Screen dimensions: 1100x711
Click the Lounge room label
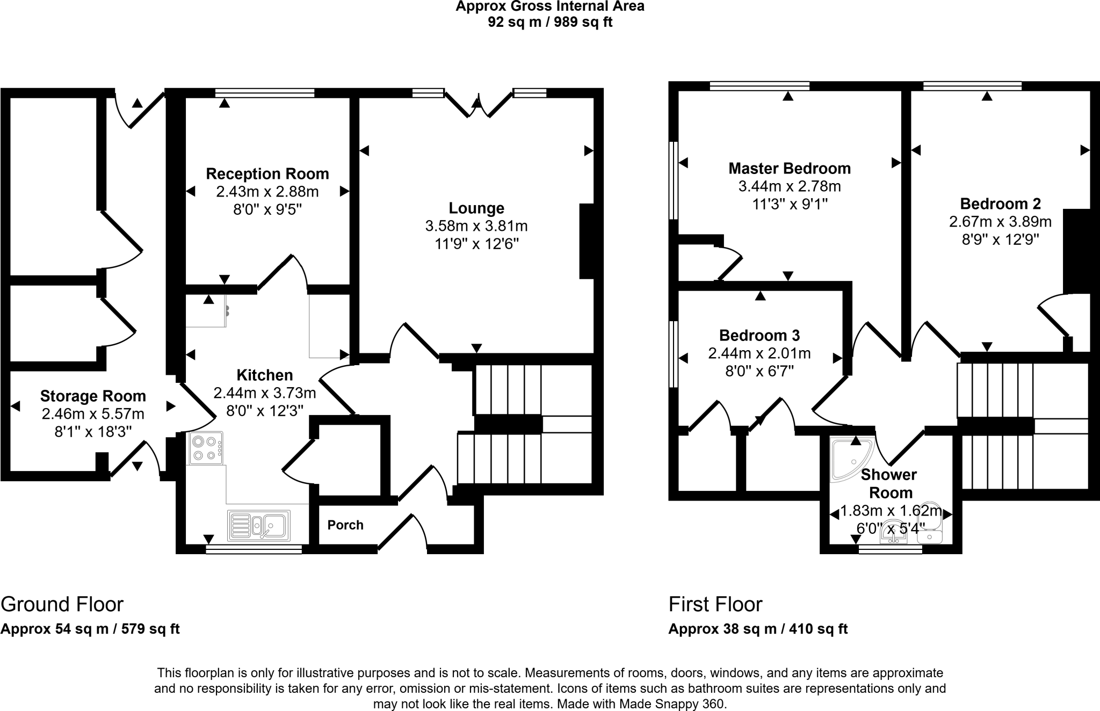pos(476,208)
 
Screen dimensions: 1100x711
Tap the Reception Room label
pos(267,174)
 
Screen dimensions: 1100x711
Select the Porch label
pos(345,525)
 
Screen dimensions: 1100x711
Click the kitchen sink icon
pos(259,525)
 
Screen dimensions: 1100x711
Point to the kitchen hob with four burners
pos(205,448)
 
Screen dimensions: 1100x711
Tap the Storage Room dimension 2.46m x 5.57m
pos(93,414)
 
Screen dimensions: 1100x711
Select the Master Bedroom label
pos(790,169)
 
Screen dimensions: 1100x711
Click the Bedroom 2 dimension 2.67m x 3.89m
pos(1000,221)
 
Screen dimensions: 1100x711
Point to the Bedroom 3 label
pos(759,336)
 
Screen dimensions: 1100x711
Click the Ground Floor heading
pos(62,604)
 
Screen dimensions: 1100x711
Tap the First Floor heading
pos(715,604)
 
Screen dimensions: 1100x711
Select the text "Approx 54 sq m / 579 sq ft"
pos(90,629)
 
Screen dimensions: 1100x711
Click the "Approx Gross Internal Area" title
pos(550,6)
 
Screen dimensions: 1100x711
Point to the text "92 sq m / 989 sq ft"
pos(550,22)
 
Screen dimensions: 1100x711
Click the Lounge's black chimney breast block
pos(587,241)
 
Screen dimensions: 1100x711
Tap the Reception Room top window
pos(265,93)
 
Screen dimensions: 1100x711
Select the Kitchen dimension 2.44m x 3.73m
pos(265,393)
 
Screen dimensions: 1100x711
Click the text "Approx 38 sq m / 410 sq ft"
pos(758,629)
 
